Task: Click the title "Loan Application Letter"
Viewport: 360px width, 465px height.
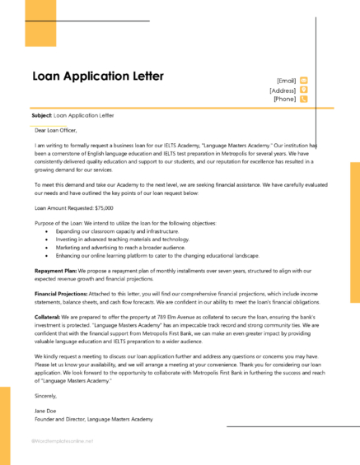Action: click(98, 77)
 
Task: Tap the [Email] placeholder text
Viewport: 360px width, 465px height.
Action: click(286, 81)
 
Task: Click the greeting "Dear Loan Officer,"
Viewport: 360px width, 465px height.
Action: click(58, 130)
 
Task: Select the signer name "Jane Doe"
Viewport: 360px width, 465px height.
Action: click(46, 410)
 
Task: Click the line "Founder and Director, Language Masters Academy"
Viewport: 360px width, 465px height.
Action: click(94, 418)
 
